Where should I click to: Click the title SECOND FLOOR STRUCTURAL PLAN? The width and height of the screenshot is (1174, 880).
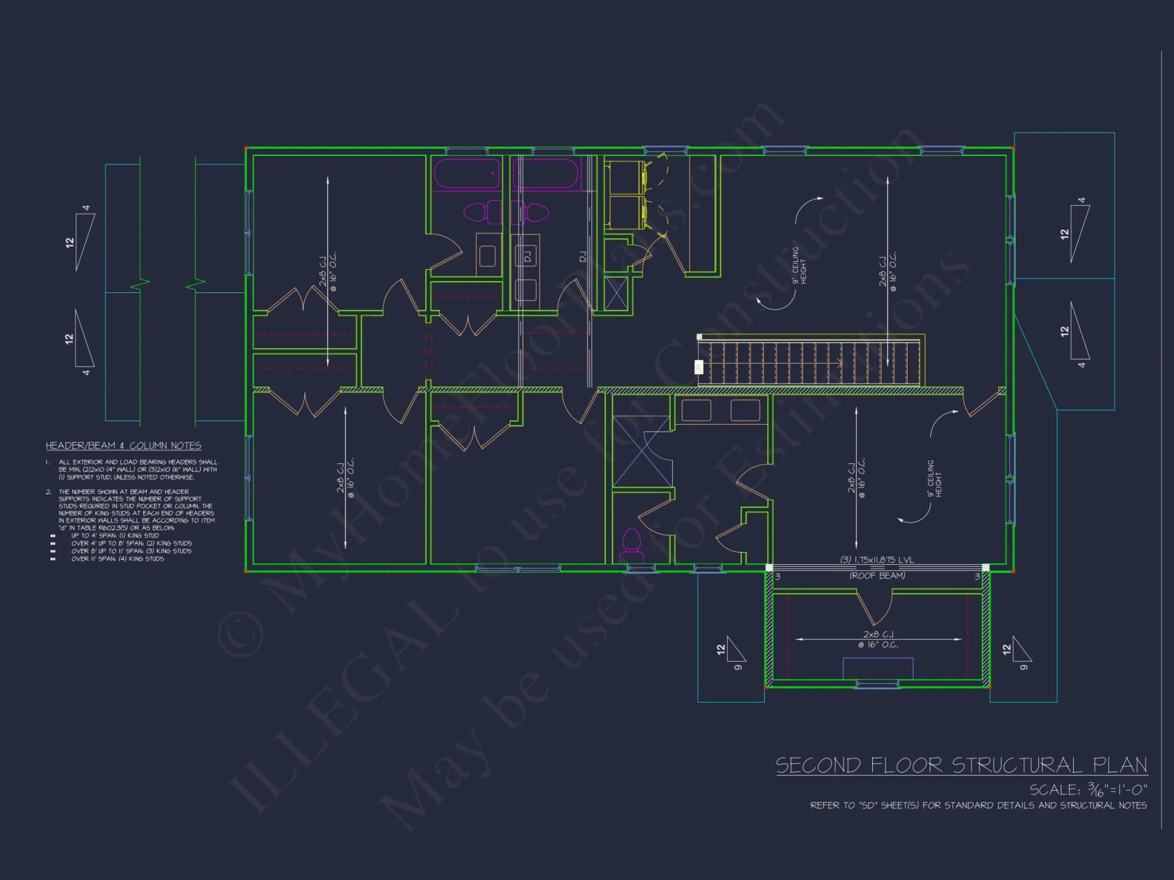pyautogui.click(x=962, y=765)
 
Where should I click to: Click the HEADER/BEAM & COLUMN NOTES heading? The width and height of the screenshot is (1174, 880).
pyautogui.click(x=123, y=446)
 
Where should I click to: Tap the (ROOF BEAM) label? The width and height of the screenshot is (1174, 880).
pyautogui.click(x=877, y=576)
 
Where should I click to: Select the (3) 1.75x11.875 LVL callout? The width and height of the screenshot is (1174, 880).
pyautogui.click(x=877, y=560)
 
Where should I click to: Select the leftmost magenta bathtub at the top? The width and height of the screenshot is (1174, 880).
pyautogui.click(x=467, y=174)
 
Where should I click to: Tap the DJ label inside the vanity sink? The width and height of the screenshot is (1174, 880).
pyautogui.click(x=527, y=256)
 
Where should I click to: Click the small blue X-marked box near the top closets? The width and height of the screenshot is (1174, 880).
pyautogui.click(x=616, y=293)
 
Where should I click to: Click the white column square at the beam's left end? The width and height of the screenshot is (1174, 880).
pyautogui.click(x=769, y=567)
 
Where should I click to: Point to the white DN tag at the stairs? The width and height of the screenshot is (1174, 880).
pyautogui.click(x=699, y=367)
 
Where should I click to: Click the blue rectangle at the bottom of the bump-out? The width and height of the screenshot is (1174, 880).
pyautogui.click(x=878, y=668)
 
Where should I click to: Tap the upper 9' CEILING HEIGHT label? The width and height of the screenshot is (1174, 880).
pyautogui.click(x=799, y=265)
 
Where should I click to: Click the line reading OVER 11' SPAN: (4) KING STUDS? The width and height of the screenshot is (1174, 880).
pyautogui.click(x=117, y=559)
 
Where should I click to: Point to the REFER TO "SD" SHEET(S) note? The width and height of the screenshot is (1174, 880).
pyautogui.click(x=978, y=805)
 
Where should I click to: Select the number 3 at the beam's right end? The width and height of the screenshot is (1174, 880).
pyautogui.click(x=977, y=577)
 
